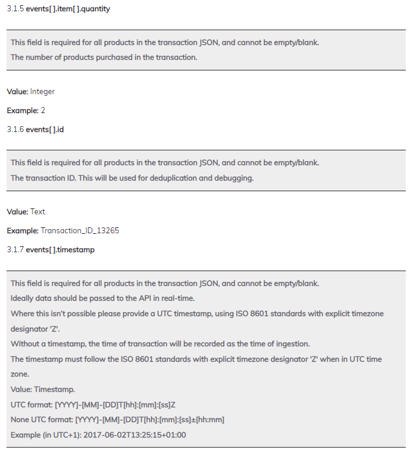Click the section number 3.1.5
point(15,9)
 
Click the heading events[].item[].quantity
point(67,9)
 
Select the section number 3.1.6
point(15,130)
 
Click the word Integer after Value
point(43,92)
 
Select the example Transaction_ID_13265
point(80,231)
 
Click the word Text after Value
point(38,212)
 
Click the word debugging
point(236,178)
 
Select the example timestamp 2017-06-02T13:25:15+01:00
point(135,435)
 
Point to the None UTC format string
point(150,420)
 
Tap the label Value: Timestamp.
point(43,390)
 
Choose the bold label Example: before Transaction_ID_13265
point(22,231)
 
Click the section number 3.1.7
point(15,250)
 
